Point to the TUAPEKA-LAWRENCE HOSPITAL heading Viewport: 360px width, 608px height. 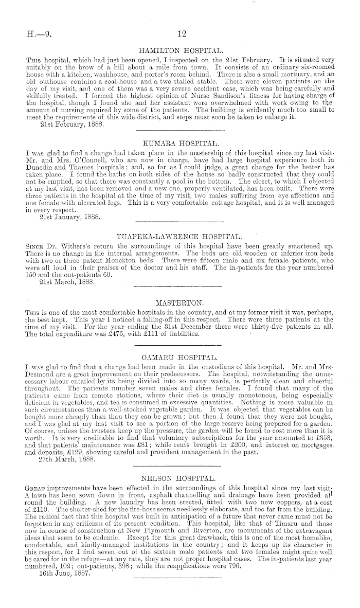(x=179, y=236)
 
